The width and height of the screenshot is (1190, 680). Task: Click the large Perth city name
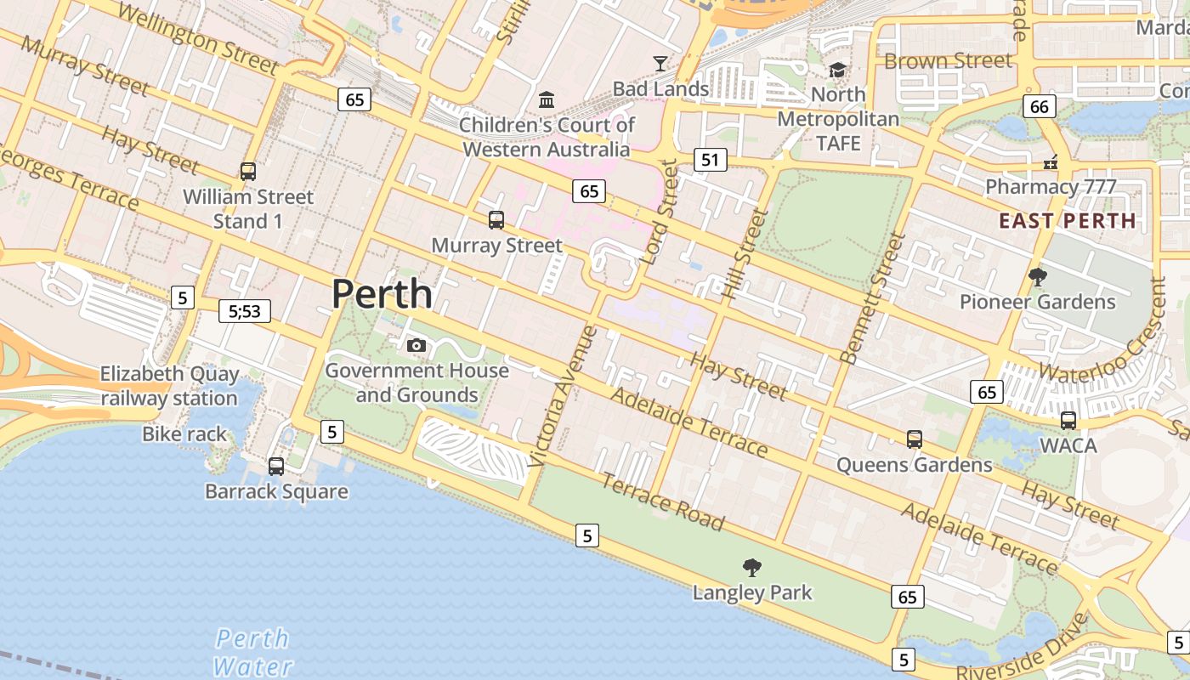pyautogui.click(x=382, y=294)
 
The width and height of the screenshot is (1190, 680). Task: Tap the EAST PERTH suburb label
pyautogui.click(x=1067, y=221)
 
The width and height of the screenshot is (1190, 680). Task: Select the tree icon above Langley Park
pyautogui.click(x=752, y=567)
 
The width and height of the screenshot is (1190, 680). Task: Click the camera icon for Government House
pyautogui.click(x=416, y=345)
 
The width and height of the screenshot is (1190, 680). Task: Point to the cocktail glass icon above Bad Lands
pyautogui.click(x=660, y=63)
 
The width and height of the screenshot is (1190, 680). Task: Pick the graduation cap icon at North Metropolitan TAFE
pyautogui.click(x=838, y=70)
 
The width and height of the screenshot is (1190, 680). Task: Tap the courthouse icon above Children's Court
pyautogui.click(x=547, y=100)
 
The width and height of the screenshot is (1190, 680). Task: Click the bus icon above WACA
pyautogui.click(x=1068, y=420)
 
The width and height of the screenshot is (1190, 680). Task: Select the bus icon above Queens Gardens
pyautogui.click(x=915, y=439)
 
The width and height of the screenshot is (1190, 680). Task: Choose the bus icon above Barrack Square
pyautogui.click(x=276, y=466)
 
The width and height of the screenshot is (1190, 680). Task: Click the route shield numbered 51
pyautogui.click(x=711, y=159)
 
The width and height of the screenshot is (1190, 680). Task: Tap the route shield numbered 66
pyautogui.click(x=1039, y=106)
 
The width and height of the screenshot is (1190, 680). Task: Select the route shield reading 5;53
pyautogui.click(x=245, y=311)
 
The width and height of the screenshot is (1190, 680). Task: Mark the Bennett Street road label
pyautogui.click(x=872, y=297)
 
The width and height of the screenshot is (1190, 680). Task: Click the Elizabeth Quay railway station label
pyautogui.click(x=169, y=386)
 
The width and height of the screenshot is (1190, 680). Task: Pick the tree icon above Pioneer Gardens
pyautogui.click(x=1037, y=276)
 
